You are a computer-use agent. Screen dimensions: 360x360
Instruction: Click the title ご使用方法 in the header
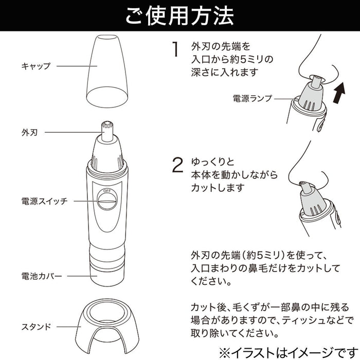click(x=179, y=15)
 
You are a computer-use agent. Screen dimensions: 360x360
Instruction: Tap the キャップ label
click(x=35, y=66)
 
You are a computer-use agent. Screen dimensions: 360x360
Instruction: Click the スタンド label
click(x=35, y=326)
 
